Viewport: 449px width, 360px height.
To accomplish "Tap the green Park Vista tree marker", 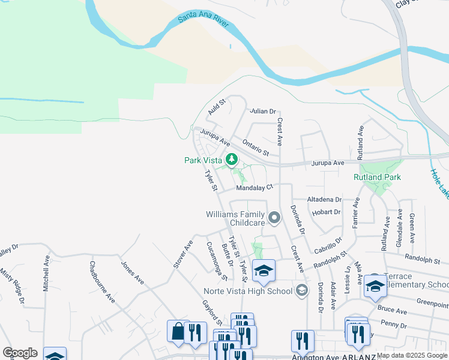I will [232, 159].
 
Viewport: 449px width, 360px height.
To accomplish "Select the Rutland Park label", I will [378, 177].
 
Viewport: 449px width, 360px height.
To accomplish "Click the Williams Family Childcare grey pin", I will [274, 218].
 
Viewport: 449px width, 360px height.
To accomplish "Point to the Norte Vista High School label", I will [247, 292].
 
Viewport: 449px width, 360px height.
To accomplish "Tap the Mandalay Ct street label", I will [255, 188].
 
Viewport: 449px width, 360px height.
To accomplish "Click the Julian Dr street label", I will [263, 111].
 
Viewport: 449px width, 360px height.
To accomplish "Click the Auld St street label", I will [216, 108].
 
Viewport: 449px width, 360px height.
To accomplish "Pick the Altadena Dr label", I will [324, 199].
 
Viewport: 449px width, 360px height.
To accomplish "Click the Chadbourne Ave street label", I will [101, 281].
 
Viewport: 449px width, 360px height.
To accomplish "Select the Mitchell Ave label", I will [46, 275].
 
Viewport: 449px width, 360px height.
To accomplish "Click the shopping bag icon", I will [178, 331].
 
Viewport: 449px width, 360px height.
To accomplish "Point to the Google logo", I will [20, 353].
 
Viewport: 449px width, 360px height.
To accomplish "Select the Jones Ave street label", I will [132, 272].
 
